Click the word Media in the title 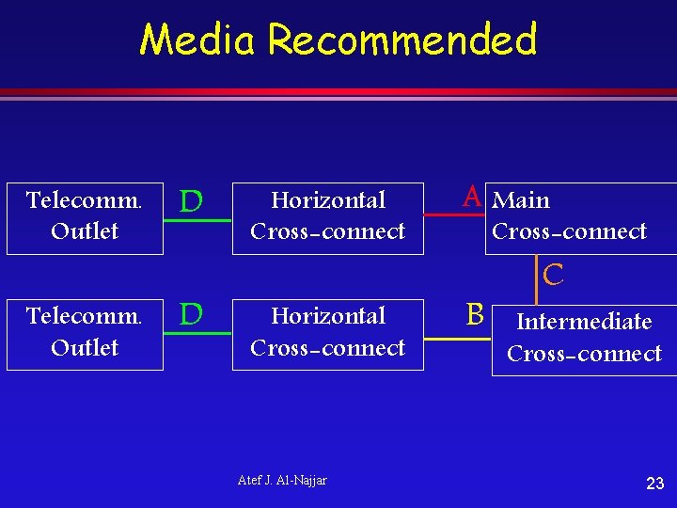199,40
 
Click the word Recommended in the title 402,40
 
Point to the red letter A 472,197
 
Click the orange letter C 554,275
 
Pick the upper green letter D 191,201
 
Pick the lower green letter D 191,313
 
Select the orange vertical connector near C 537,280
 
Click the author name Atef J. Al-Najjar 282,481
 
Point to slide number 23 655,484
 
